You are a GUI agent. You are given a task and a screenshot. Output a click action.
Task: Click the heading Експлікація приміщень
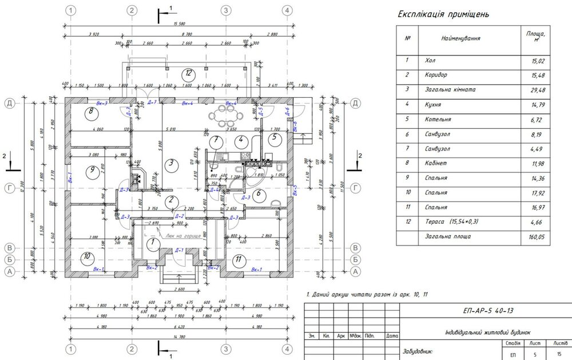[443, 14]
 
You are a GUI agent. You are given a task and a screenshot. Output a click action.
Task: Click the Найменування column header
[460, 38]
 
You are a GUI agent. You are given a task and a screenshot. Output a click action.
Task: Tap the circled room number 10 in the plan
[85, 256]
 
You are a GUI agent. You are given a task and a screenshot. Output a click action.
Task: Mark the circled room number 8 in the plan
[91, 112]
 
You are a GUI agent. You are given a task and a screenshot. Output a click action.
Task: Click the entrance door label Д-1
[178, 250]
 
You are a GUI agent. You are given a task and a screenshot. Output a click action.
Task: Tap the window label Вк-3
[102, 103]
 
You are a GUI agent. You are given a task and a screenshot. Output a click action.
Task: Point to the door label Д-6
[287, 108]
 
